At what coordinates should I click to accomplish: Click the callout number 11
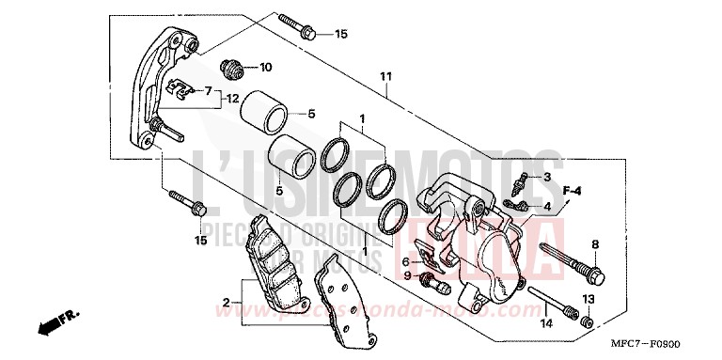pos(385,77)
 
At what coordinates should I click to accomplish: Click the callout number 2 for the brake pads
pos(226,302)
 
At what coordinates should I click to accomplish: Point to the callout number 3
pos(546,177)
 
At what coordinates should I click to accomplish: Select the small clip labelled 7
pos(174,89)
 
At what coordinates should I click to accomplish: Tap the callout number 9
pos(408,275)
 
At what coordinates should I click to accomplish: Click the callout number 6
pos(408,261)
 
